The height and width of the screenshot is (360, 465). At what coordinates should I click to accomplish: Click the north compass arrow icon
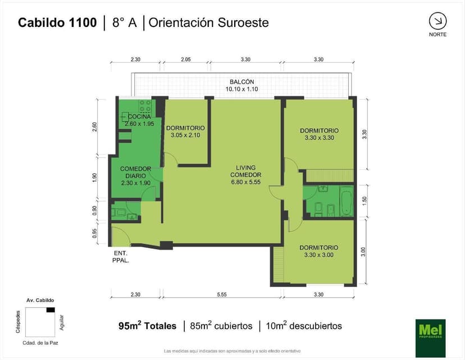coord(437,21)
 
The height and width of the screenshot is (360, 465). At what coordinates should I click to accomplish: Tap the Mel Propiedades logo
coord(430,338)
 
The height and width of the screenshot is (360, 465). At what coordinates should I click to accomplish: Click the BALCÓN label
coord(241,81)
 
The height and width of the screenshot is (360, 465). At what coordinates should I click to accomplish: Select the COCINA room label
coord(139,117)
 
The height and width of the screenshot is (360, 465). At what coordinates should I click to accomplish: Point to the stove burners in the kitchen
coord(145,106)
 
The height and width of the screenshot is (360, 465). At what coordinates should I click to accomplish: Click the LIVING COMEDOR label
coord(246,171)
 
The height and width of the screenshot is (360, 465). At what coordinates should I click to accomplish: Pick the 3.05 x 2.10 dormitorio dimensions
coord(185,135)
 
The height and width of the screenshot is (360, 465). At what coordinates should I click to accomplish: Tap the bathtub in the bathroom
coord(346,201)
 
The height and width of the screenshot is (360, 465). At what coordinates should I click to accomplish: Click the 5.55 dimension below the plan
coord(221,294)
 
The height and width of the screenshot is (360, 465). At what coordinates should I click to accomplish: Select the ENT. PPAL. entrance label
coord(121,257)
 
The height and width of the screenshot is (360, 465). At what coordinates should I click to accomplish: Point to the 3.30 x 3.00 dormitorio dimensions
coord(319,255)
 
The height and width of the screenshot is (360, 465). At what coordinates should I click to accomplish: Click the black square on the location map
coord(51,310)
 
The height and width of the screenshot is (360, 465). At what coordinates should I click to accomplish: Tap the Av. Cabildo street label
coord(40,300)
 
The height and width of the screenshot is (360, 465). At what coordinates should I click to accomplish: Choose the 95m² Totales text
coord(147,326)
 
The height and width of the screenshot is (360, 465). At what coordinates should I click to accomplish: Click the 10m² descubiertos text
coord(304,326)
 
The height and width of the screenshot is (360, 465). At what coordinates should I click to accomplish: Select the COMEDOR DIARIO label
coord(136,172)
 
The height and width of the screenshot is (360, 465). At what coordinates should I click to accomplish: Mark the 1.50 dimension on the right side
coord(365,200)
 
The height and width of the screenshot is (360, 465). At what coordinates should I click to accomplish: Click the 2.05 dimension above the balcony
coord(186,60)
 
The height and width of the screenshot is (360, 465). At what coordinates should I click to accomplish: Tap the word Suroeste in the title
coord(244,22)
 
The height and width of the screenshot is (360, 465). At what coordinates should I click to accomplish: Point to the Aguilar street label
coord(62,322)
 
